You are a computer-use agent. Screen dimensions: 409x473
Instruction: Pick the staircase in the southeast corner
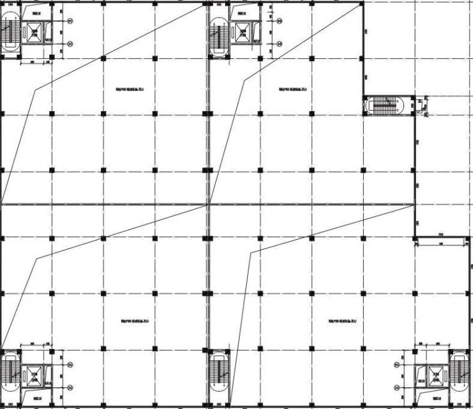click(459, 371)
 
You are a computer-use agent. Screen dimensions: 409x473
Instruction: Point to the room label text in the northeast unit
click(291, 89)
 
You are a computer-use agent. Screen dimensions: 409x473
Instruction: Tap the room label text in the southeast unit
click(339, 322)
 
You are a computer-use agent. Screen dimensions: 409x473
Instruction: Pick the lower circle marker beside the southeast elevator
click(397, 387)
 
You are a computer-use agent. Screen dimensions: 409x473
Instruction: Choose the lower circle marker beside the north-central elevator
click(279, 43)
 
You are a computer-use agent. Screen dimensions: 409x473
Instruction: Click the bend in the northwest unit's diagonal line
click(36, 89)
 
